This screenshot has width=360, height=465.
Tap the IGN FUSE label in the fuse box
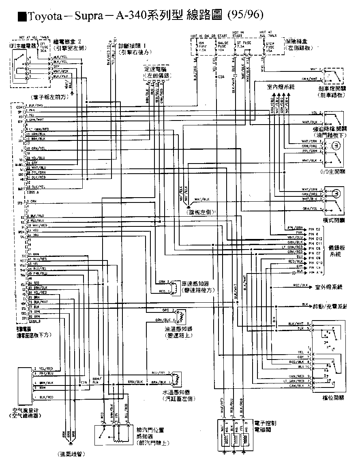click(x=201, y=44)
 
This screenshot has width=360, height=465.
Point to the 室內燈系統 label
click(x=280, y=87)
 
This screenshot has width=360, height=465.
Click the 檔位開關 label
click(x=333, y=398)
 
